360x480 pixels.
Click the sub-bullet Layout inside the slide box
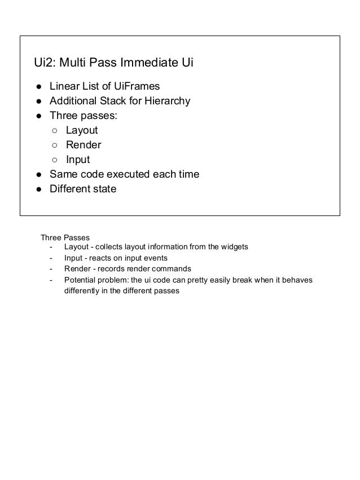tap(81, 131)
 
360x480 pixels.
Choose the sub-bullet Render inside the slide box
tap(83, 146)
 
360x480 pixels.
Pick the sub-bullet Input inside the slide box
tap(78, 160)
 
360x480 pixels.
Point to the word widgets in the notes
tap(232, 246)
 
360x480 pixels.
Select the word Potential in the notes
tap(80, 280)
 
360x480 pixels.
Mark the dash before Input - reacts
tap(51, 258)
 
